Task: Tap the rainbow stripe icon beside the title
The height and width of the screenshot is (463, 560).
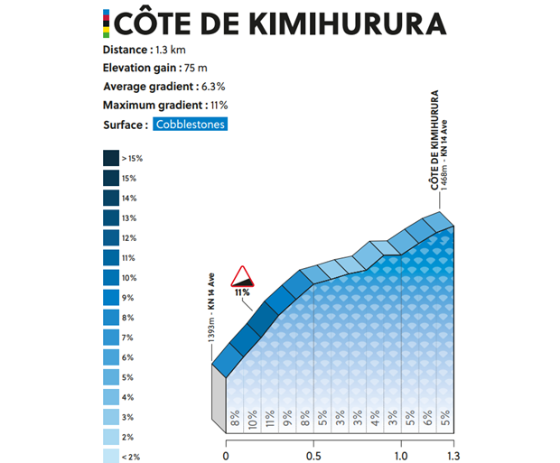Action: pos(107,23)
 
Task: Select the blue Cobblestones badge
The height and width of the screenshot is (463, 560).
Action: pos(189,125)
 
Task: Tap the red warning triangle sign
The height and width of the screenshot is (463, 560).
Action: pos(242,275)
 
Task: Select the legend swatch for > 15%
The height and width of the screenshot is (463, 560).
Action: pos(111,158)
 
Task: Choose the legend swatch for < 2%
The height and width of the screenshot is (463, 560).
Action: pos(111,456)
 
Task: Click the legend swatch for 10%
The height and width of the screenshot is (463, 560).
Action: pos(111,277)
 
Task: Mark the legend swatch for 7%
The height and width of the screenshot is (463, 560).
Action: pos(111,337)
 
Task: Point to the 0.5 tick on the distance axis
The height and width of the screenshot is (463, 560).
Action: pos(313,456)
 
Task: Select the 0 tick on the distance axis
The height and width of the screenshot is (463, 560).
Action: pos(226,456)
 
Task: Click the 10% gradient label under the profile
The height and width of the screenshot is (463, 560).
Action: pos(252,417)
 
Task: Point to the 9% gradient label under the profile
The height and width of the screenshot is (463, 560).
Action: pos(287,417)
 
